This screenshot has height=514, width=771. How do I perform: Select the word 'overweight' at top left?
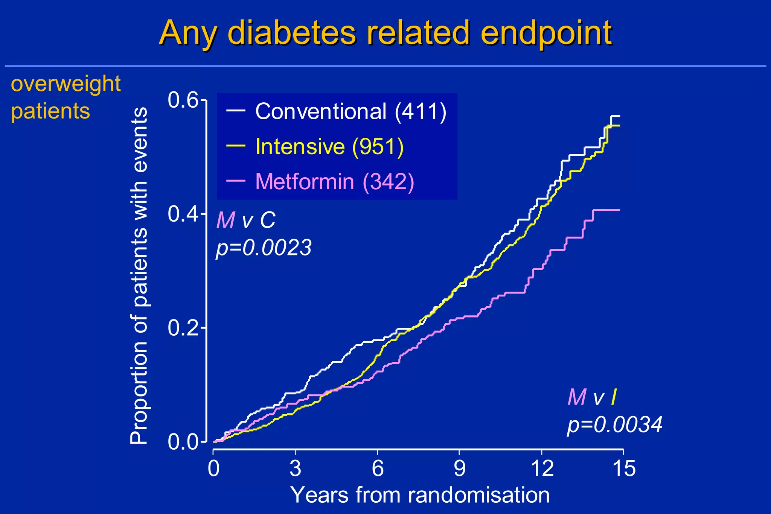pos(66,84)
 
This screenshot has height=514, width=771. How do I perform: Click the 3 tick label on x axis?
pos(296,469)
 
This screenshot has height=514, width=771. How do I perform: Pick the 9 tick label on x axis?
pos(459,469)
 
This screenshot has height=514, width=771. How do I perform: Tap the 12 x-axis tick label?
pos(542,469)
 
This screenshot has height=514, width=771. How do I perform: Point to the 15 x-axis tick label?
pos(624,469)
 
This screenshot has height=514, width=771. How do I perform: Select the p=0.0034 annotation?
pos(614,425)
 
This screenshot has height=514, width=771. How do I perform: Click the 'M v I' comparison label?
pos(592,397)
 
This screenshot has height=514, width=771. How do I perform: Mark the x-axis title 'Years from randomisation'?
pos(420,495)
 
